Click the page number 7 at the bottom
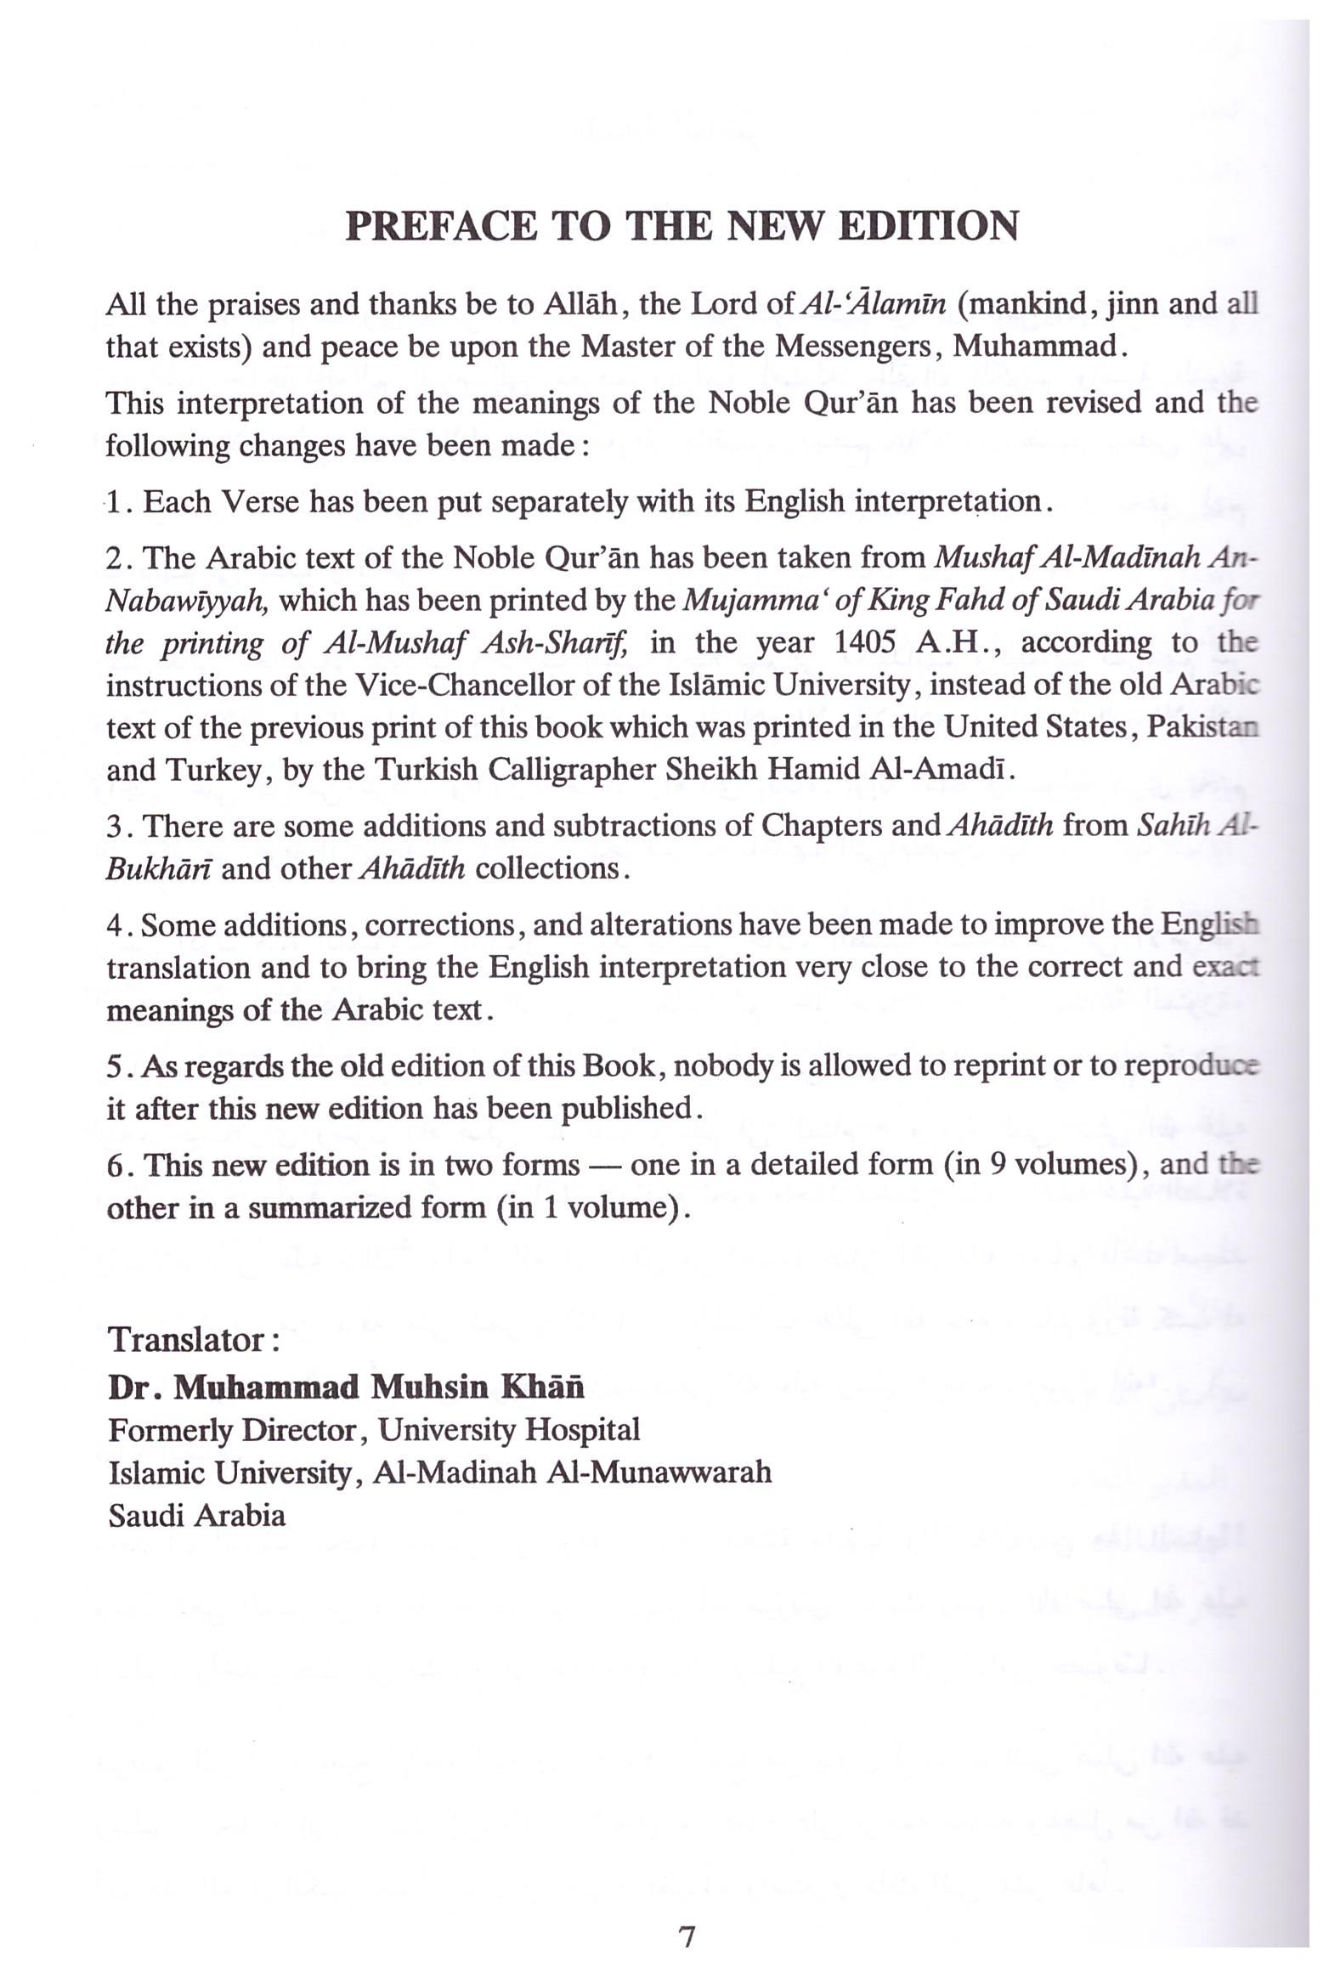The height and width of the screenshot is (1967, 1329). tap(687, 1913)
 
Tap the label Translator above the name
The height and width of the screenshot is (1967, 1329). tap(189, 1341)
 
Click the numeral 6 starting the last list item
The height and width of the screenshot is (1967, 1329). tap(116, 1165)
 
